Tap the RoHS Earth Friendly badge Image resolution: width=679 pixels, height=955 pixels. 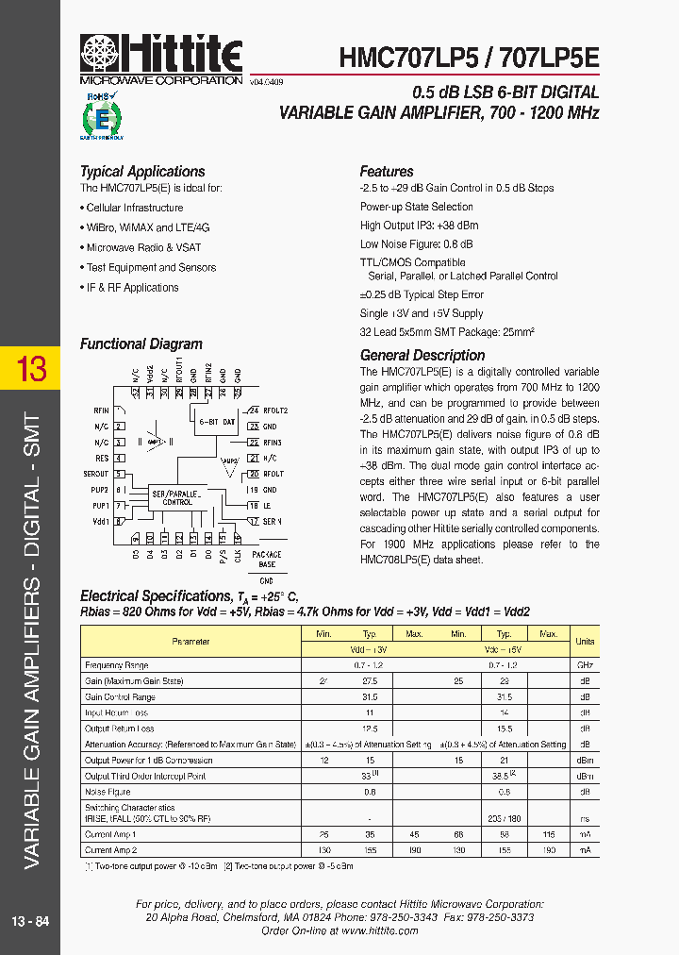pos(101,116)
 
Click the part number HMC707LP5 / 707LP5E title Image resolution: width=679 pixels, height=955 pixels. pos(469,58)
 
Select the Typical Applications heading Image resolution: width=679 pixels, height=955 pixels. pos(142,172)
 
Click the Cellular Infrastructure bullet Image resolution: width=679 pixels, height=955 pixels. pos(135,208)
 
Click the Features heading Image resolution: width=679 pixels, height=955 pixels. pos(387,172)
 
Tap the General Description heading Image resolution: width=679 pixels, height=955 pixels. pos(422,356)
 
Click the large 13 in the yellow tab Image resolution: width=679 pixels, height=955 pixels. pos(32,368)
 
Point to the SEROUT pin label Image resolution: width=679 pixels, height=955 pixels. pos(95,474)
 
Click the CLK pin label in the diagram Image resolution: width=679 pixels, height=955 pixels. pos(237,556)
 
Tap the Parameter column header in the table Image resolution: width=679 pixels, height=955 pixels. pos(190,642)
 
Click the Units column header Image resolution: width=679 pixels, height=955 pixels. pos(585,642)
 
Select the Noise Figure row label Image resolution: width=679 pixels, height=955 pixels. pos(108,792)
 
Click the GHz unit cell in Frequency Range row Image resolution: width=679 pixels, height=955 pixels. pos(585,665)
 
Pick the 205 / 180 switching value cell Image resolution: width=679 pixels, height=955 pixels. pos(505,819)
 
